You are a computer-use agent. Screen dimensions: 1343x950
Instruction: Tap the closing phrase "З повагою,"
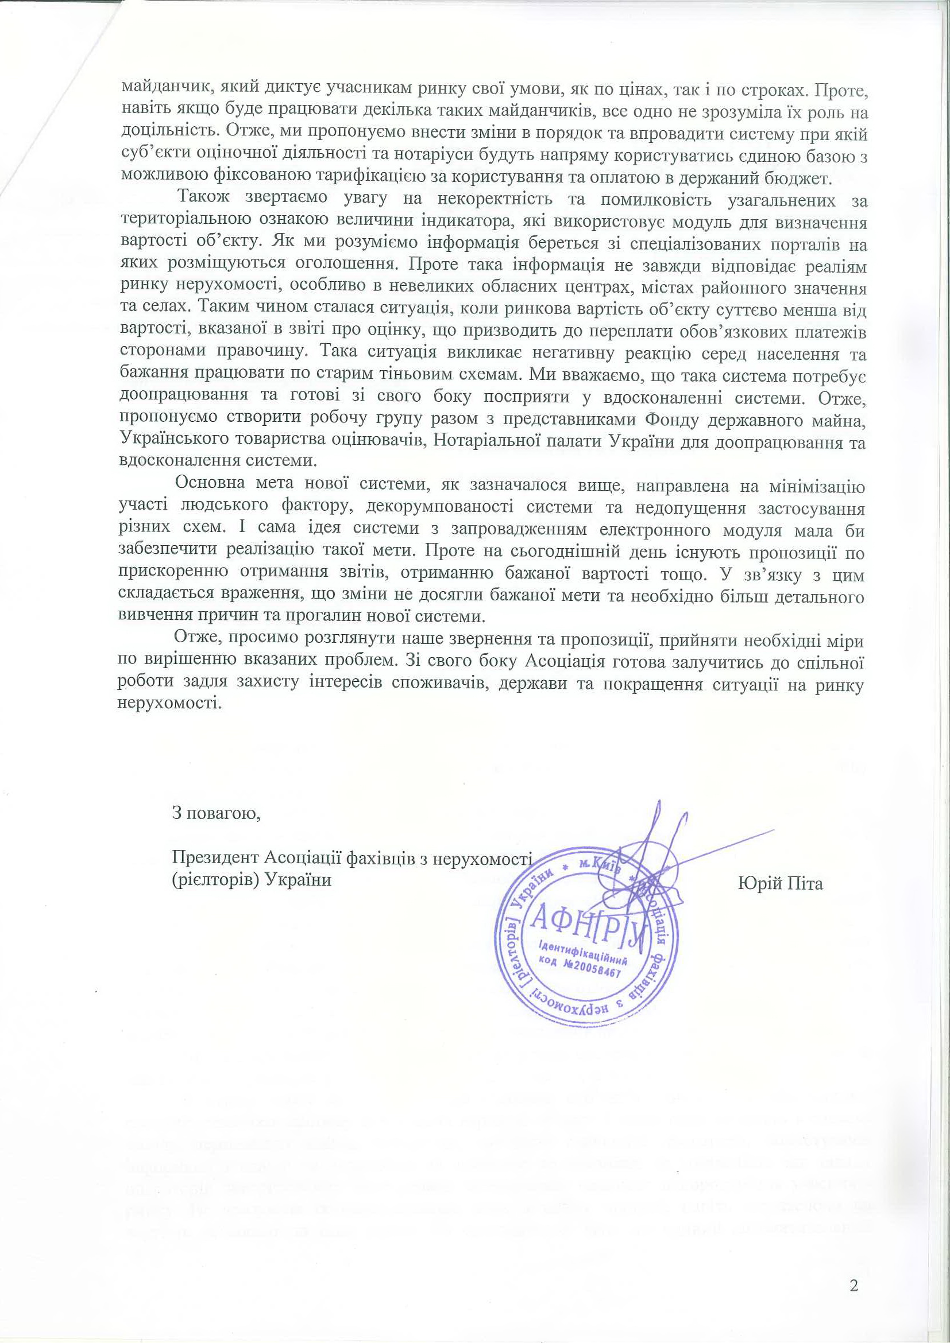[x=215, y=814]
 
